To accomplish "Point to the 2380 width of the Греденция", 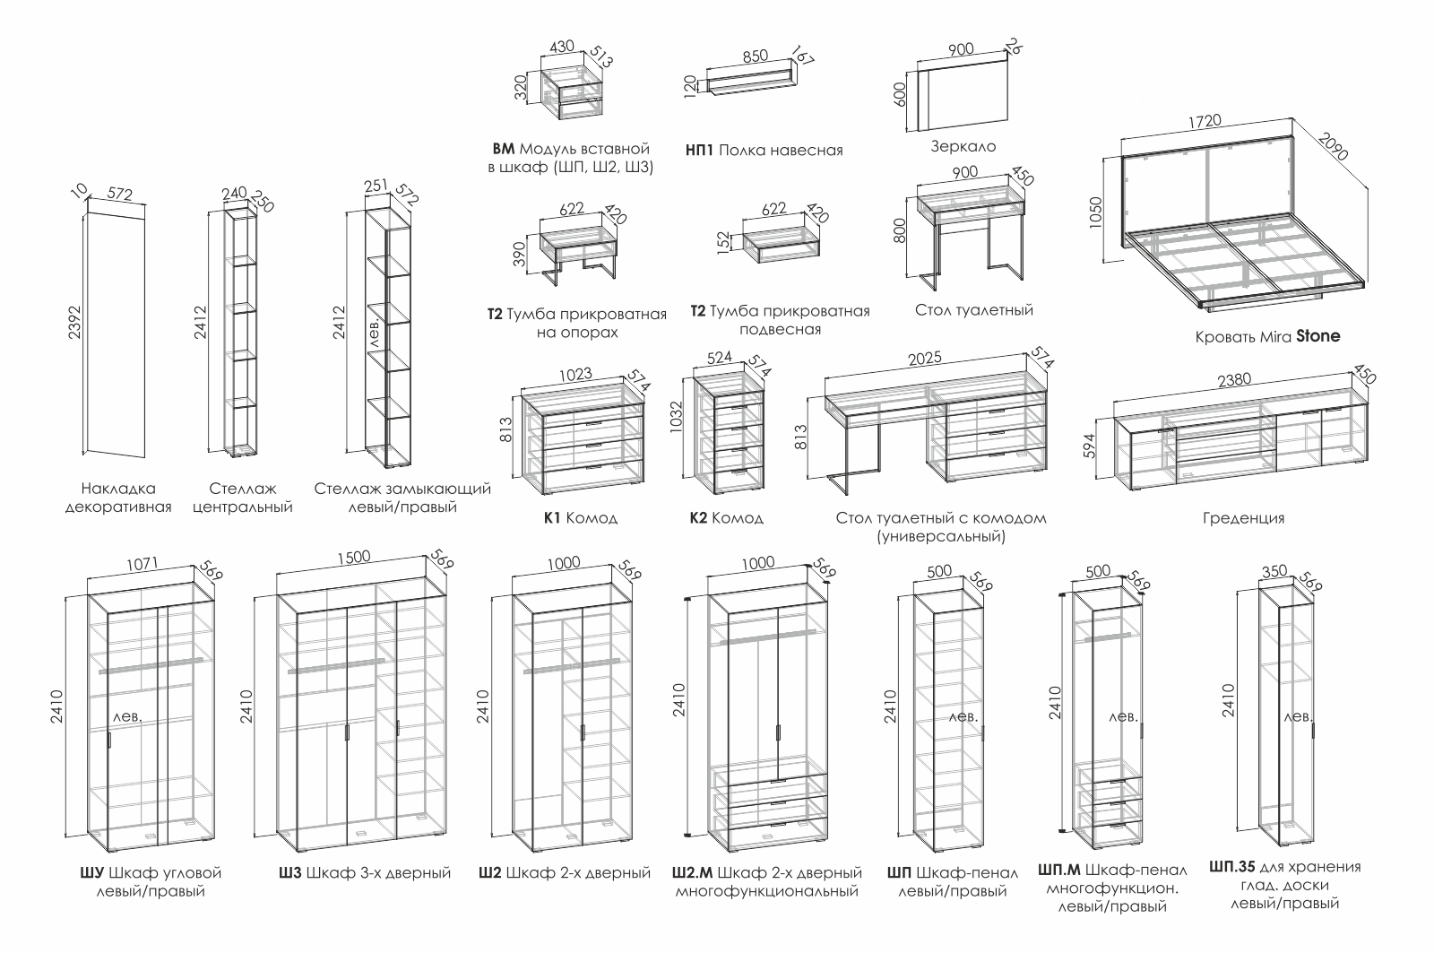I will tap(1237, 380).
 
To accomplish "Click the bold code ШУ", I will tap(91, 873).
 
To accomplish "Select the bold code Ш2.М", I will tap(691, 873).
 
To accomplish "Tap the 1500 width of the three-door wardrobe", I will tap(353, 557).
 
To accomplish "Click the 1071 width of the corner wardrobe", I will tap(143, 564).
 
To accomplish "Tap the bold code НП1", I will tap(698, 151).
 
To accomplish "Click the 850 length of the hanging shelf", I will tap(756, 56).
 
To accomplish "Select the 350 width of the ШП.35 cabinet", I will tap(1274, 571).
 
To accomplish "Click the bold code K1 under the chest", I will tap(552, 518).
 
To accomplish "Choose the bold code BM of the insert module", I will tap(504, 149).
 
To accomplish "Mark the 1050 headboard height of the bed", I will tap(1094, 209).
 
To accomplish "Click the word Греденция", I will tap(1244, 518).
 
